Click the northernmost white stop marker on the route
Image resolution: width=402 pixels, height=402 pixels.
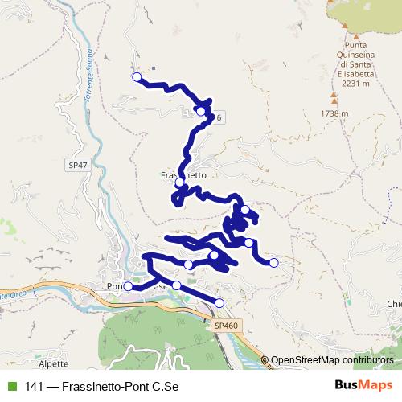136,77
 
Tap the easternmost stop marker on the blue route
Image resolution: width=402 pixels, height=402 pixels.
273,263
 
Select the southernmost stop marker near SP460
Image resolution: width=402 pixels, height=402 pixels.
219,302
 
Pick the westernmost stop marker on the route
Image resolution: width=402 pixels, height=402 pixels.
127,285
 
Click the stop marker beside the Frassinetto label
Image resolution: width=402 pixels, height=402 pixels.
180,183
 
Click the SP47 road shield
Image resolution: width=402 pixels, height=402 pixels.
78,165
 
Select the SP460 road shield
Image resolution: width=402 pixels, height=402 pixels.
227,326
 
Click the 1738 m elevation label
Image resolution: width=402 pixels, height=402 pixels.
334,113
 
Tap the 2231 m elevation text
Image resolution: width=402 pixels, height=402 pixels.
355,83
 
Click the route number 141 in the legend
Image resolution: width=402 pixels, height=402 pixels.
35,386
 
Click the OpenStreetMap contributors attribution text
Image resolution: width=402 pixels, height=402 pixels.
332,360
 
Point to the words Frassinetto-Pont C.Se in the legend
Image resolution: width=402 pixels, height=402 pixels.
121,386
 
